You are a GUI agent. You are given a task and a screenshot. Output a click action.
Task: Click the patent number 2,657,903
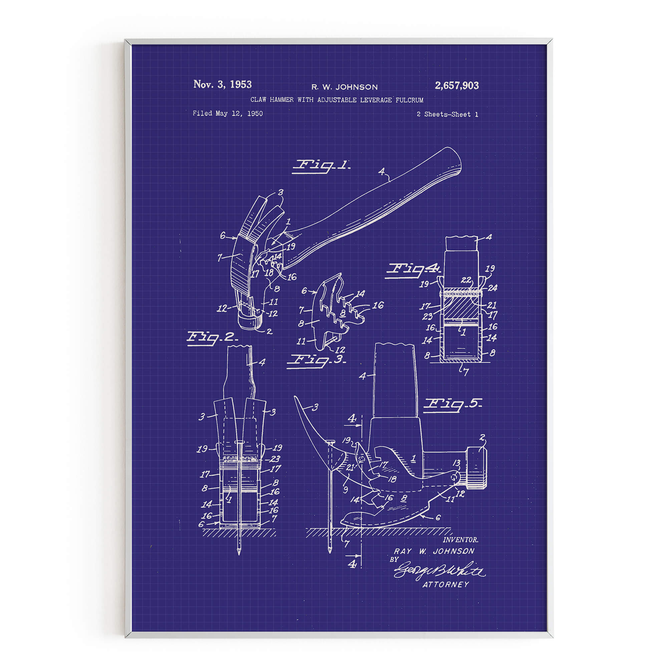pyautogui.click(x=456, y=86)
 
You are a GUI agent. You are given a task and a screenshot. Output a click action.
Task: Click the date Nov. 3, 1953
pyautogui.click(x=222, y=84)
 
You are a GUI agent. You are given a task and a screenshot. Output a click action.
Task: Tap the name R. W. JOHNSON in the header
pyautogui.click(x=344, y=87)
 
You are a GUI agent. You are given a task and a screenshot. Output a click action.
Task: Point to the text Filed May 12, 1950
pyautogui.click(x=228, y=113)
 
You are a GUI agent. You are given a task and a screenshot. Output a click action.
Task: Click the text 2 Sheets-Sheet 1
pyautogui.click(x=447, y=114)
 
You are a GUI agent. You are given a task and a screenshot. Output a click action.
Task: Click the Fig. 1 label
pyautogui.click(x=321, y=166)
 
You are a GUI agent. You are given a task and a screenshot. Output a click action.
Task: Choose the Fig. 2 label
pyautogui.click(x=212, y=337)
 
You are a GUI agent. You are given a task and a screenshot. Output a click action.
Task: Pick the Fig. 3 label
pyautogui.click(x=316, y=360)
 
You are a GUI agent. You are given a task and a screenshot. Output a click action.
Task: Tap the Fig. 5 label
pyautogui.click(x=452, y=404)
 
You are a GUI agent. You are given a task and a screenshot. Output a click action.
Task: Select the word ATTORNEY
pyautogui.click(x=446, y=585)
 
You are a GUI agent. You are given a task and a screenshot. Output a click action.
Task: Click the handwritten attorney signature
pyautogui.click(x=439, y=571)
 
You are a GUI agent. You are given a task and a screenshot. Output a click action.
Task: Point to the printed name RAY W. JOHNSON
pyautogui.click(x=434, y=551)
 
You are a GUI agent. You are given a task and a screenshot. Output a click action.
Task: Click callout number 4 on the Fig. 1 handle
pyautogui.click(x=381, y=172)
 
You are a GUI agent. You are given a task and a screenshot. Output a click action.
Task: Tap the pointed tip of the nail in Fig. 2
pyautogui.click(x=239, y=553)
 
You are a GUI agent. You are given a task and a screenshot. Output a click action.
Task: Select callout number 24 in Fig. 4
pyautogui.click(x=492, y=288)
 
